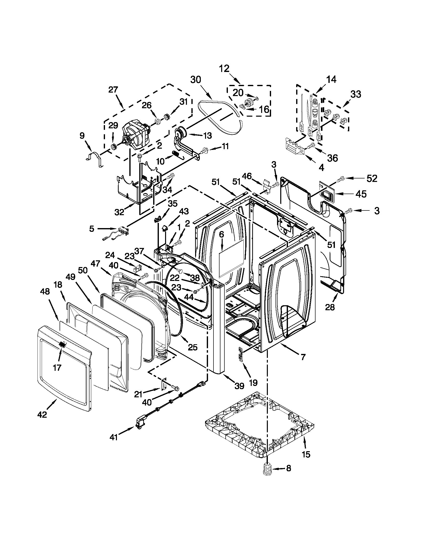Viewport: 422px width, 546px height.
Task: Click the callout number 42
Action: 42,414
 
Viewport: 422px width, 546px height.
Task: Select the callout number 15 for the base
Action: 306,454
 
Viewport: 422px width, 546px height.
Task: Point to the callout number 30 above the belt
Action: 196,80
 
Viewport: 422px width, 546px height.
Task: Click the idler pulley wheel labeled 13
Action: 180,132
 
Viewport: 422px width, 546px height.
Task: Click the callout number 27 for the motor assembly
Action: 113,90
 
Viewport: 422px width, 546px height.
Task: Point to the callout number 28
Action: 330,307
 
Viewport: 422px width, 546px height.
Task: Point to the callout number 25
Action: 193,347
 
